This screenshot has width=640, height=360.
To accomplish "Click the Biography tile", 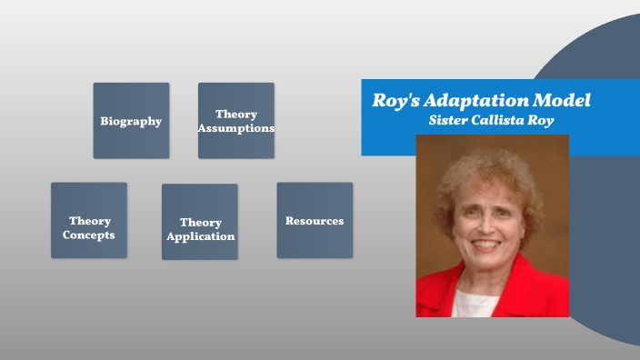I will point(131,121).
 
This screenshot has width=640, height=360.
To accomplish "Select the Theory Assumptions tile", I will point(235,121).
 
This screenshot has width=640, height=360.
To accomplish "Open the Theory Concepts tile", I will point(88,220).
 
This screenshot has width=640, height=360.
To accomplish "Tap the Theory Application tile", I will point(200,222).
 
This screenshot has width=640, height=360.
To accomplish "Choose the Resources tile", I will point(315,220).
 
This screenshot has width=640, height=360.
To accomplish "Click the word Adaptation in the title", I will point(482,100).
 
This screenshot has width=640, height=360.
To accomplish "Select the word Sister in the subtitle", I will point(449,119).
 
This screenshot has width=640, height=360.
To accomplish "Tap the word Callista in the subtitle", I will point(505,119).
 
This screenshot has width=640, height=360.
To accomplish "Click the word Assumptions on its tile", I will point(236,128).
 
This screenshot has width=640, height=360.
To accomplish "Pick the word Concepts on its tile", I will point(89,235).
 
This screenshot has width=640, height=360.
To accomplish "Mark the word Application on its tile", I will point(200,236).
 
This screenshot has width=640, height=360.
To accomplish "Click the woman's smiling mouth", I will point(487,245).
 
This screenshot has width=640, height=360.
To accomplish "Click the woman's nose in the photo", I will point(486,225).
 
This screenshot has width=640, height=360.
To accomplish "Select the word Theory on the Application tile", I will point(200,223).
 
